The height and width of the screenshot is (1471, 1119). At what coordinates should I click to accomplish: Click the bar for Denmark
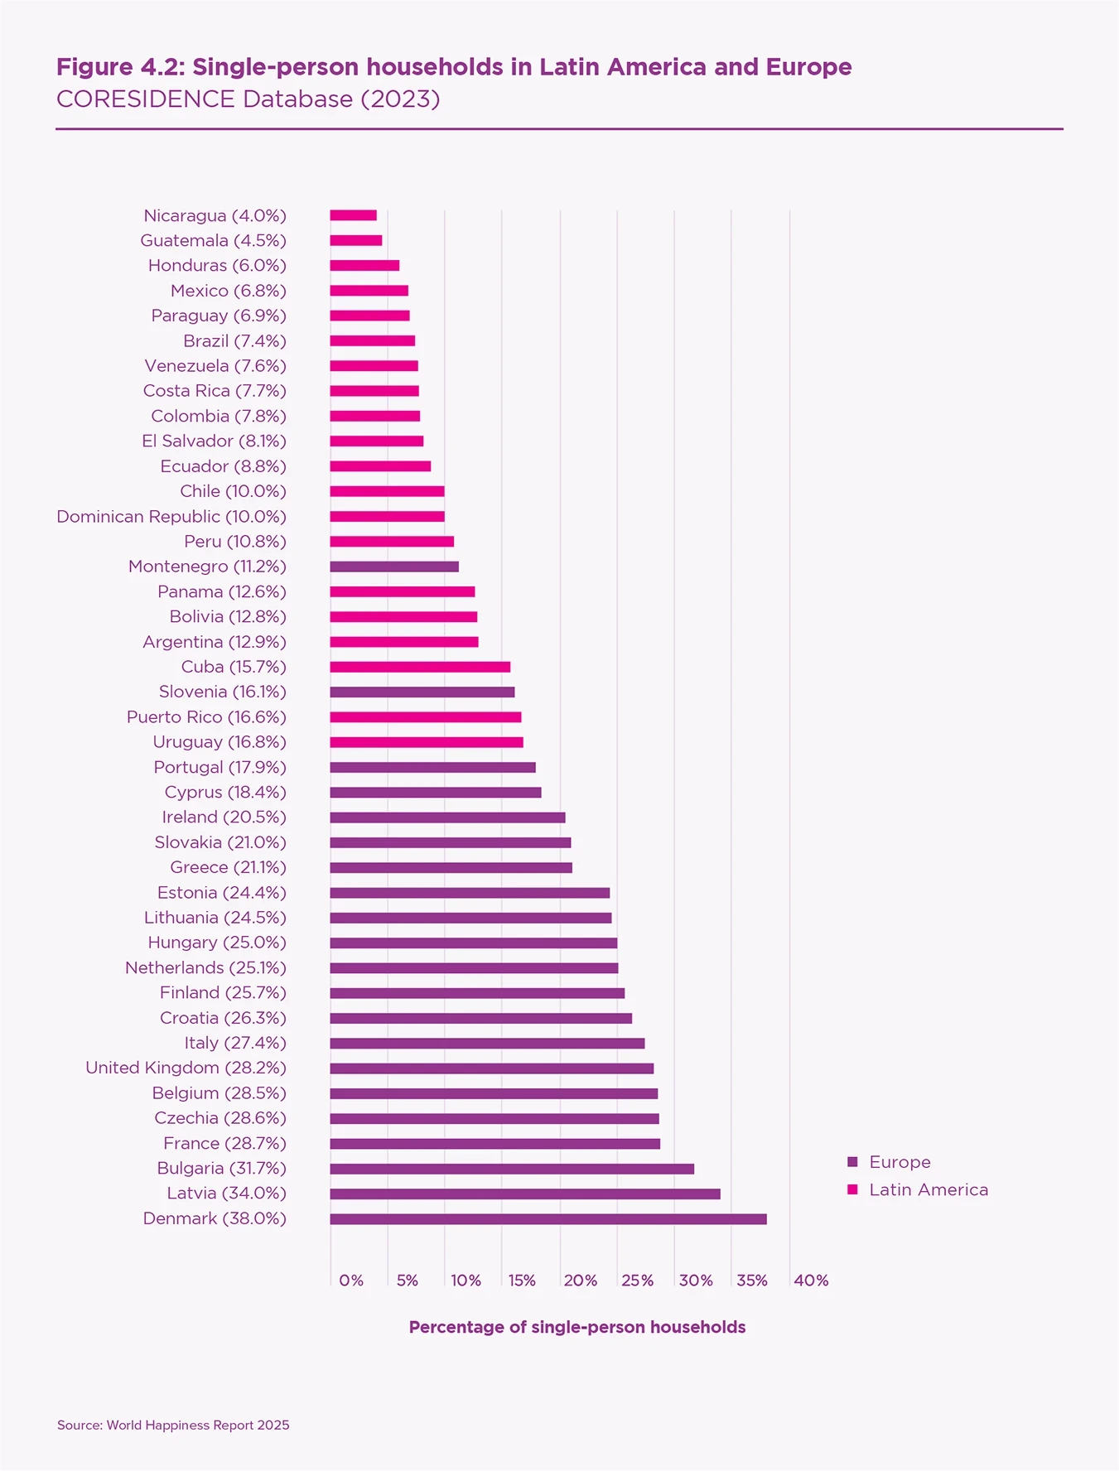tap(547, 1218)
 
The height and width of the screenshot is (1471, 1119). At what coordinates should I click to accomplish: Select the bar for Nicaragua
tap(353, 215)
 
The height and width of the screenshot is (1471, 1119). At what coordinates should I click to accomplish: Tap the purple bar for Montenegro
tap(393, 567)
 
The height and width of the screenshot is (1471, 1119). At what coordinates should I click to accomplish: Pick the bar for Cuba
tap(420, 667)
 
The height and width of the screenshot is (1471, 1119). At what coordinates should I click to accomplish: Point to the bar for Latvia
tap(524, 1194)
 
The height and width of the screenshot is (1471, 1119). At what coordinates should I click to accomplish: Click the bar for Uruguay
tap(426, 742)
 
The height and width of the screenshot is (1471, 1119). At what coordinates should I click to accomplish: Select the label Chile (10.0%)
tap(233, 491)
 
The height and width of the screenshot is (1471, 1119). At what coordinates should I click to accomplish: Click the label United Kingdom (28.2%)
tap(186, 1068)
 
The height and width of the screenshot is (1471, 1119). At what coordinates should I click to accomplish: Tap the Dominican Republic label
tap(171, 516)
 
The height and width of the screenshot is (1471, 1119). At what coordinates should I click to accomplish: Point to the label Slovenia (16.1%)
tap(222, 692)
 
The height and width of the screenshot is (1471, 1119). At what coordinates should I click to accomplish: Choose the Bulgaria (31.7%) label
tap(221, 1168)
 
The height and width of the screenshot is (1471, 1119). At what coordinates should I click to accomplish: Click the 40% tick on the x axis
tap(811, 1280)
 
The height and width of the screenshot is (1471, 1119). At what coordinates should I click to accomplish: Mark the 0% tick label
tap(351, 1280)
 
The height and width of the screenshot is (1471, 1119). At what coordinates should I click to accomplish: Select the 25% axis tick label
tap(637, 1280)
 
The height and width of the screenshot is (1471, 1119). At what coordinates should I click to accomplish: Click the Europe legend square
tap(852, 1162)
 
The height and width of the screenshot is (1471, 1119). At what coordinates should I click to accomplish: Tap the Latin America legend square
tap(852, 1189)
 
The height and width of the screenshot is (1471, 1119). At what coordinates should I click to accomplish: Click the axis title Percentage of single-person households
tap(577, 1327)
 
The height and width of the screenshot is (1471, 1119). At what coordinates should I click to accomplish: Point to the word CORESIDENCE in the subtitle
tap(146, 99)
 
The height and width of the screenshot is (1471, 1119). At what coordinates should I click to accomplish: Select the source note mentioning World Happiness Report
tap(173, 1425)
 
